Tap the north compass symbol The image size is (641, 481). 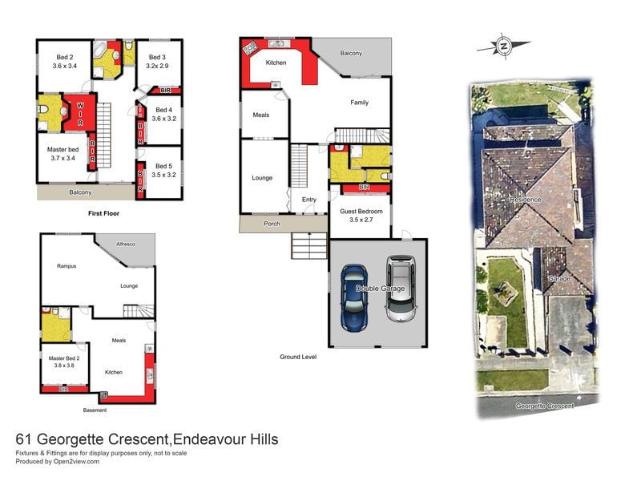tap(503, 46)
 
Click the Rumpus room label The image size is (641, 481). tap(67, 266)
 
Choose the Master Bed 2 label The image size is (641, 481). tap(64, 362)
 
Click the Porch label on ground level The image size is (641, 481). tap(272, 224)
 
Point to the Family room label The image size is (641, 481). tap(359, 103)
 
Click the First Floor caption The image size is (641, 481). tap(104, 215)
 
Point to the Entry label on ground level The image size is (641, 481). tap(309, 200)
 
